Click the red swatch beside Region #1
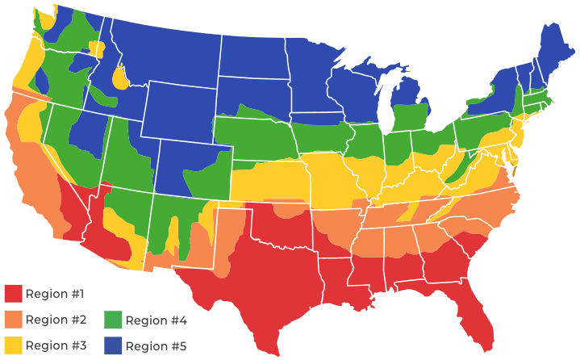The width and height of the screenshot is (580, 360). (14, 293)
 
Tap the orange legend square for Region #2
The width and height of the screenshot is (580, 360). (14, 320)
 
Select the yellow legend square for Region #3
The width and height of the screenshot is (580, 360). (14, 345)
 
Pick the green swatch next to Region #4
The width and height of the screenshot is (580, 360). (113, 320)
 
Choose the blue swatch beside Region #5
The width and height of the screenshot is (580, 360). (113, 345)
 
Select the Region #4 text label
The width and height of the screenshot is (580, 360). (156, 320)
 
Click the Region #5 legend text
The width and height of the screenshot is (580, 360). (156, 345)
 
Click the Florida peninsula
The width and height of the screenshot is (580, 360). (482, 323)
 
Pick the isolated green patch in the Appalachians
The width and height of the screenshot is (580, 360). (459, 170)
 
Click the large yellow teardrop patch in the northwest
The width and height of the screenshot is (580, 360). (120, 78)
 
